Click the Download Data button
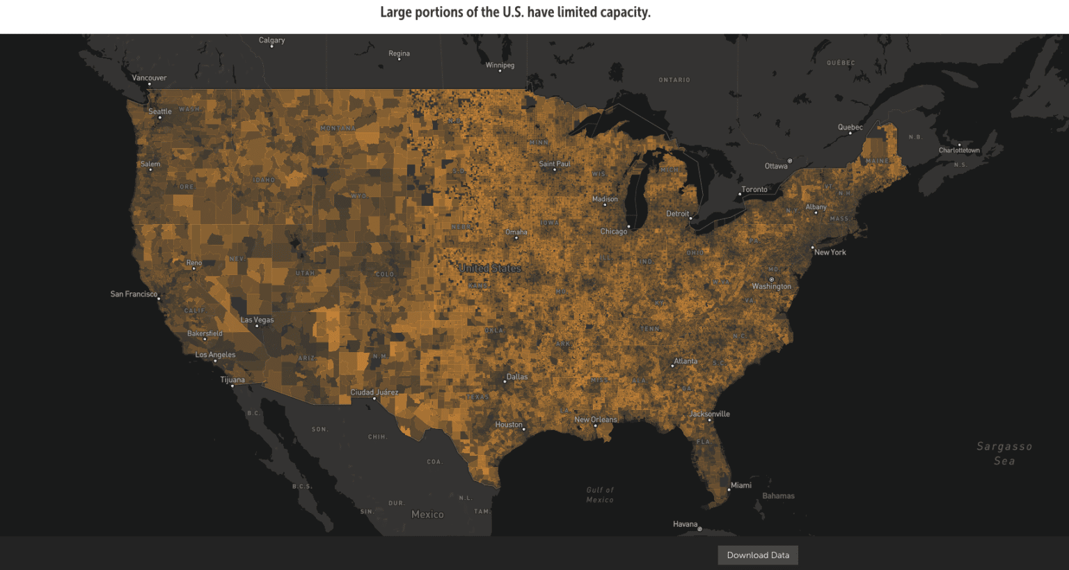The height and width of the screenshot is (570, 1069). tap(758, 555)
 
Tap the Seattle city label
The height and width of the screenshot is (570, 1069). tap(159, 111)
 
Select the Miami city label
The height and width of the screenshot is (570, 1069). tap(741, 485)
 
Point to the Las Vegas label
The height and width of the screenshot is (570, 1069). tap(257, 320)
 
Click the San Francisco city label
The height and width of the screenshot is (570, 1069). tap(134, 294)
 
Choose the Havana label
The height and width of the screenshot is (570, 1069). tap(685, 524)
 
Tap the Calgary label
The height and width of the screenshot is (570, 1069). tap(271, 40)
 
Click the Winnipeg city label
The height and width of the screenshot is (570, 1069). tap(500, 65)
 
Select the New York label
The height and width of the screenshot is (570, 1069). tap(830, 253)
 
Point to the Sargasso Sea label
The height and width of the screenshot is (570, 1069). tap(1004, 453)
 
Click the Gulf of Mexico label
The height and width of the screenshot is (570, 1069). tap(599, 495)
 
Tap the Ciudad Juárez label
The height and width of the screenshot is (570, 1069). tap(374, 393)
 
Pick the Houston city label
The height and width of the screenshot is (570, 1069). tap(508, 425)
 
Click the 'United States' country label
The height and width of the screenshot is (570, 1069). tap(490, 268)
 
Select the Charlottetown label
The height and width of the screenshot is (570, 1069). tap(958, 150)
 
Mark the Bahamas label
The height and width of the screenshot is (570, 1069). tap(778, 496)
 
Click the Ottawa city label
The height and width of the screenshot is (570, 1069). tap(776, 166)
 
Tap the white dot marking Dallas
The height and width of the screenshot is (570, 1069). tap(505, 381)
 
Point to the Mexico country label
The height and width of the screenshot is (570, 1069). tap(427, 514)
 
